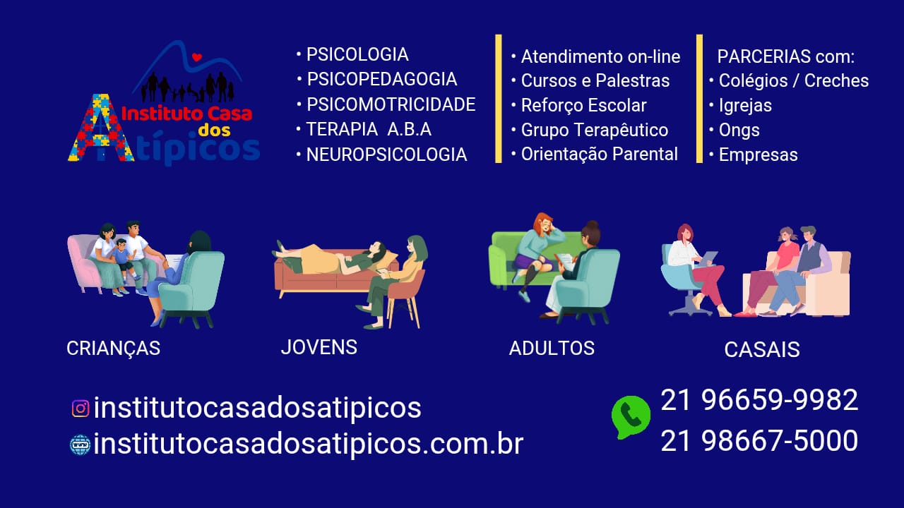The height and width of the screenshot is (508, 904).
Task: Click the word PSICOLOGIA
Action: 357,54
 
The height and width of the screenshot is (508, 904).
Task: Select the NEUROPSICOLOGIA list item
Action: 386,155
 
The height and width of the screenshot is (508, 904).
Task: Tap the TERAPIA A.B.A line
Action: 368,130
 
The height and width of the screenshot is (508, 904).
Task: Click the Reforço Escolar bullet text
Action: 583,106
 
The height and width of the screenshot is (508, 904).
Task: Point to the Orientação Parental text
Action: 599,155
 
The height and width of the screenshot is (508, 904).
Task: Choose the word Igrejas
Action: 745,106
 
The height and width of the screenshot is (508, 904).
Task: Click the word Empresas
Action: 758,155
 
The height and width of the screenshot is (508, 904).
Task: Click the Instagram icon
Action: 81,409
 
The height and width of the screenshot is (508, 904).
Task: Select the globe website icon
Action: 81,445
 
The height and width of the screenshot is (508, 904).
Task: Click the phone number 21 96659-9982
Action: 759,400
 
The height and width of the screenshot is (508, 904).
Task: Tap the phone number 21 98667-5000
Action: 759,441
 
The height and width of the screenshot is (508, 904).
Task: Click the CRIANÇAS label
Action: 113,349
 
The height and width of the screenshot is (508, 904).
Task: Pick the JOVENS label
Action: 319,347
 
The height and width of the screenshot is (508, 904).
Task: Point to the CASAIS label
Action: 762,349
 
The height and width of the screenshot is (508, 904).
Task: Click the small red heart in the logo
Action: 197,57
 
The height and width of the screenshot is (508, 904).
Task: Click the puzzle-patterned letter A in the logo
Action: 100,131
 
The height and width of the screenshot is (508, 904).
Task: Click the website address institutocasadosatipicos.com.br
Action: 308,444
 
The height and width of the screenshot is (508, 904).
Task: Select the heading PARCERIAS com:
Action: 785,56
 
